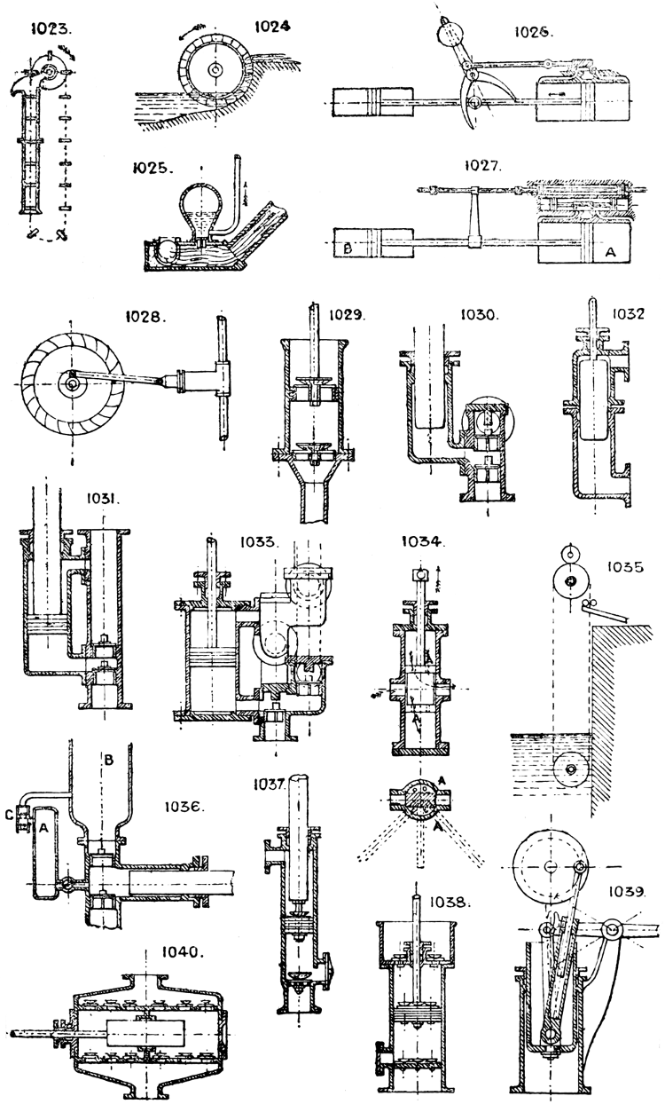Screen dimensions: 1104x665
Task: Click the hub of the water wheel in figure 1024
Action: pos(215,69)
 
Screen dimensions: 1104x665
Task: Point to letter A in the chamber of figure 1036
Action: pos(42,828)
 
